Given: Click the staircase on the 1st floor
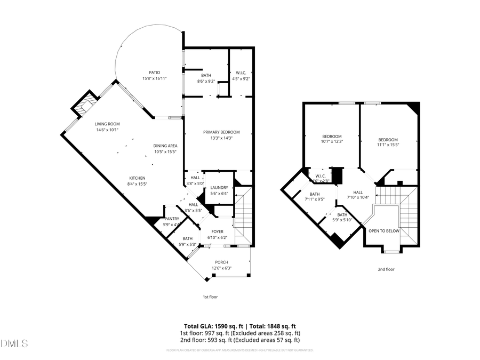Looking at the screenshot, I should pos(243,213).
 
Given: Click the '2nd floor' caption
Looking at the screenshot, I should pos(387,269).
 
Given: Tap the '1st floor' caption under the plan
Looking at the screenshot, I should pos(210,297).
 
